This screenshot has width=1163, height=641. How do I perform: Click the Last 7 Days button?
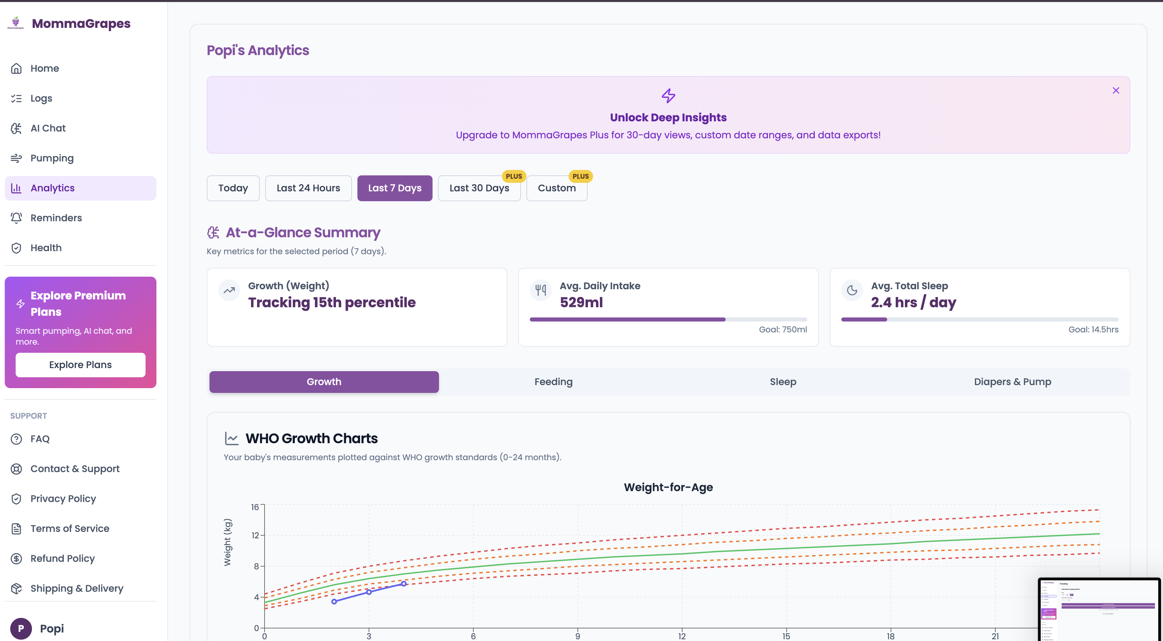pos(394,188)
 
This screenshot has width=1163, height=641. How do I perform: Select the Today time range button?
pos(233,188)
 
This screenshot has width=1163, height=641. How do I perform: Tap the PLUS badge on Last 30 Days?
pos(514,176)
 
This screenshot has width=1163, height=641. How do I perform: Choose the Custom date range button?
pos(556,188)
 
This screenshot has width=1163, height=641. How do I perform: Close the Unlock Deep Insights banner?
pos(1116,91)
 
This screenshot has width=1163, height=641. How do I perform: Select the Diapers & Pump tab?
pos(1012,382)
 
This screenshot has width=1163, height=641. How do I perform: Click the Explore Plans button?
pos(80,364)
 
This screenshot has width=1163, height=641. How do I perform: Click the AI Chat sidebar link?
pos(48,128)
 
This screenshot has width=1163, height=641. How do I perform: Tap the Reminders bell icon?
pos(16,218)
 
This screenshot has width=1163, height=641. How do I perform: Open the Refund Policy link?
pos(62,558)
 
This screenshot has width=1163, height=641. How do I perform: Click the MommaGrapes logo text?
pos(81,23)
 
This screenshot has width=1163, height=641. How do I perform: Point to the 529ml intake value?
pos(581,302)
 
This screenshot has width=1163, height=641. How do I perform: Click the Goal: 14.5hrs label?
pos(1093,330)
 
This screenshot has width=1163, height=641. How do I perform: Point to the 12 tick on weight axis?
pos(255,535)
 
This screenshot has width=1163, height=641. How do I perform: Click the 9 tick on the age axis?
pos(577,636)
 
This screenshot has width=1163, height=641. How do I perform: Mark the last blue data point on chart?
pos(404,584)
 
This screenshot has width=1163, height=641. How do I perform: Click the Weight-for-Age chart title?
pos(668,487)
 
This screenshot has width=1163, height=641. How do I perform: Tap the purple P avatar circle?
pos(21,628)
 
